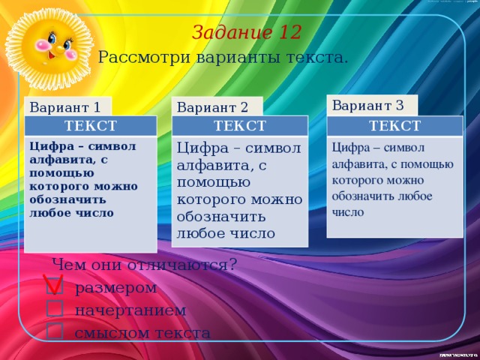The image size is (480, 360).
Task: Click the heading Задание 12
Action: click(247, 33)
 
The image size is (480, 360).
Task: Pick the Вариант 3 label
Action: click(367, 104)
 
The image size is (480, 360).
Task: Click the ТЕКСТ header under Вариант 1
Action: click(91, 125)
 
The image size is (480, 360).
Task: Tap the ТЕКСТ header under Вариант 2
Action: click(239, 125)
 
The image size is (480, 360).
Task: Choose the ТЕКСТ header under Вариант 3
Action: click(394, 125)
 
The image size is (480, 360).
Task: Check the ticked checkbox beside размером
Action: click(54, 286)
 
